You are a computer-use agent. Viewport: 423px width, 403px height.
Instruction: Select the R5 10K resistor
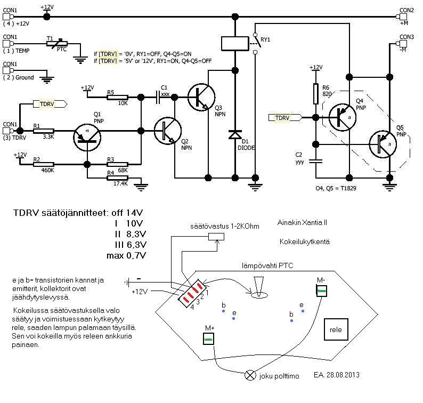click(x=111, y=98)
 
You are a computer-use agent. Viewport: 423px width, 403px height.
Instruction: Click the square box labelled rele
click(x=336, y=328)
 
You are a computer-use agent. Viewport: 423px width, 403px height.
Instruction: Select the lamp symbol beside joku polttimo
click(x=250, y=375)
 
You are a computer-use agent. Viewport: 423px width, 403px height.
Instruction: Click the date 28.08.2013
click(x=343, y=375)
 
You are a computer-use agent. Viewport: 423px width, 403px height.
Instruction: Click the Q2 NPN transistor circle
click(x=167, y=131)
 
